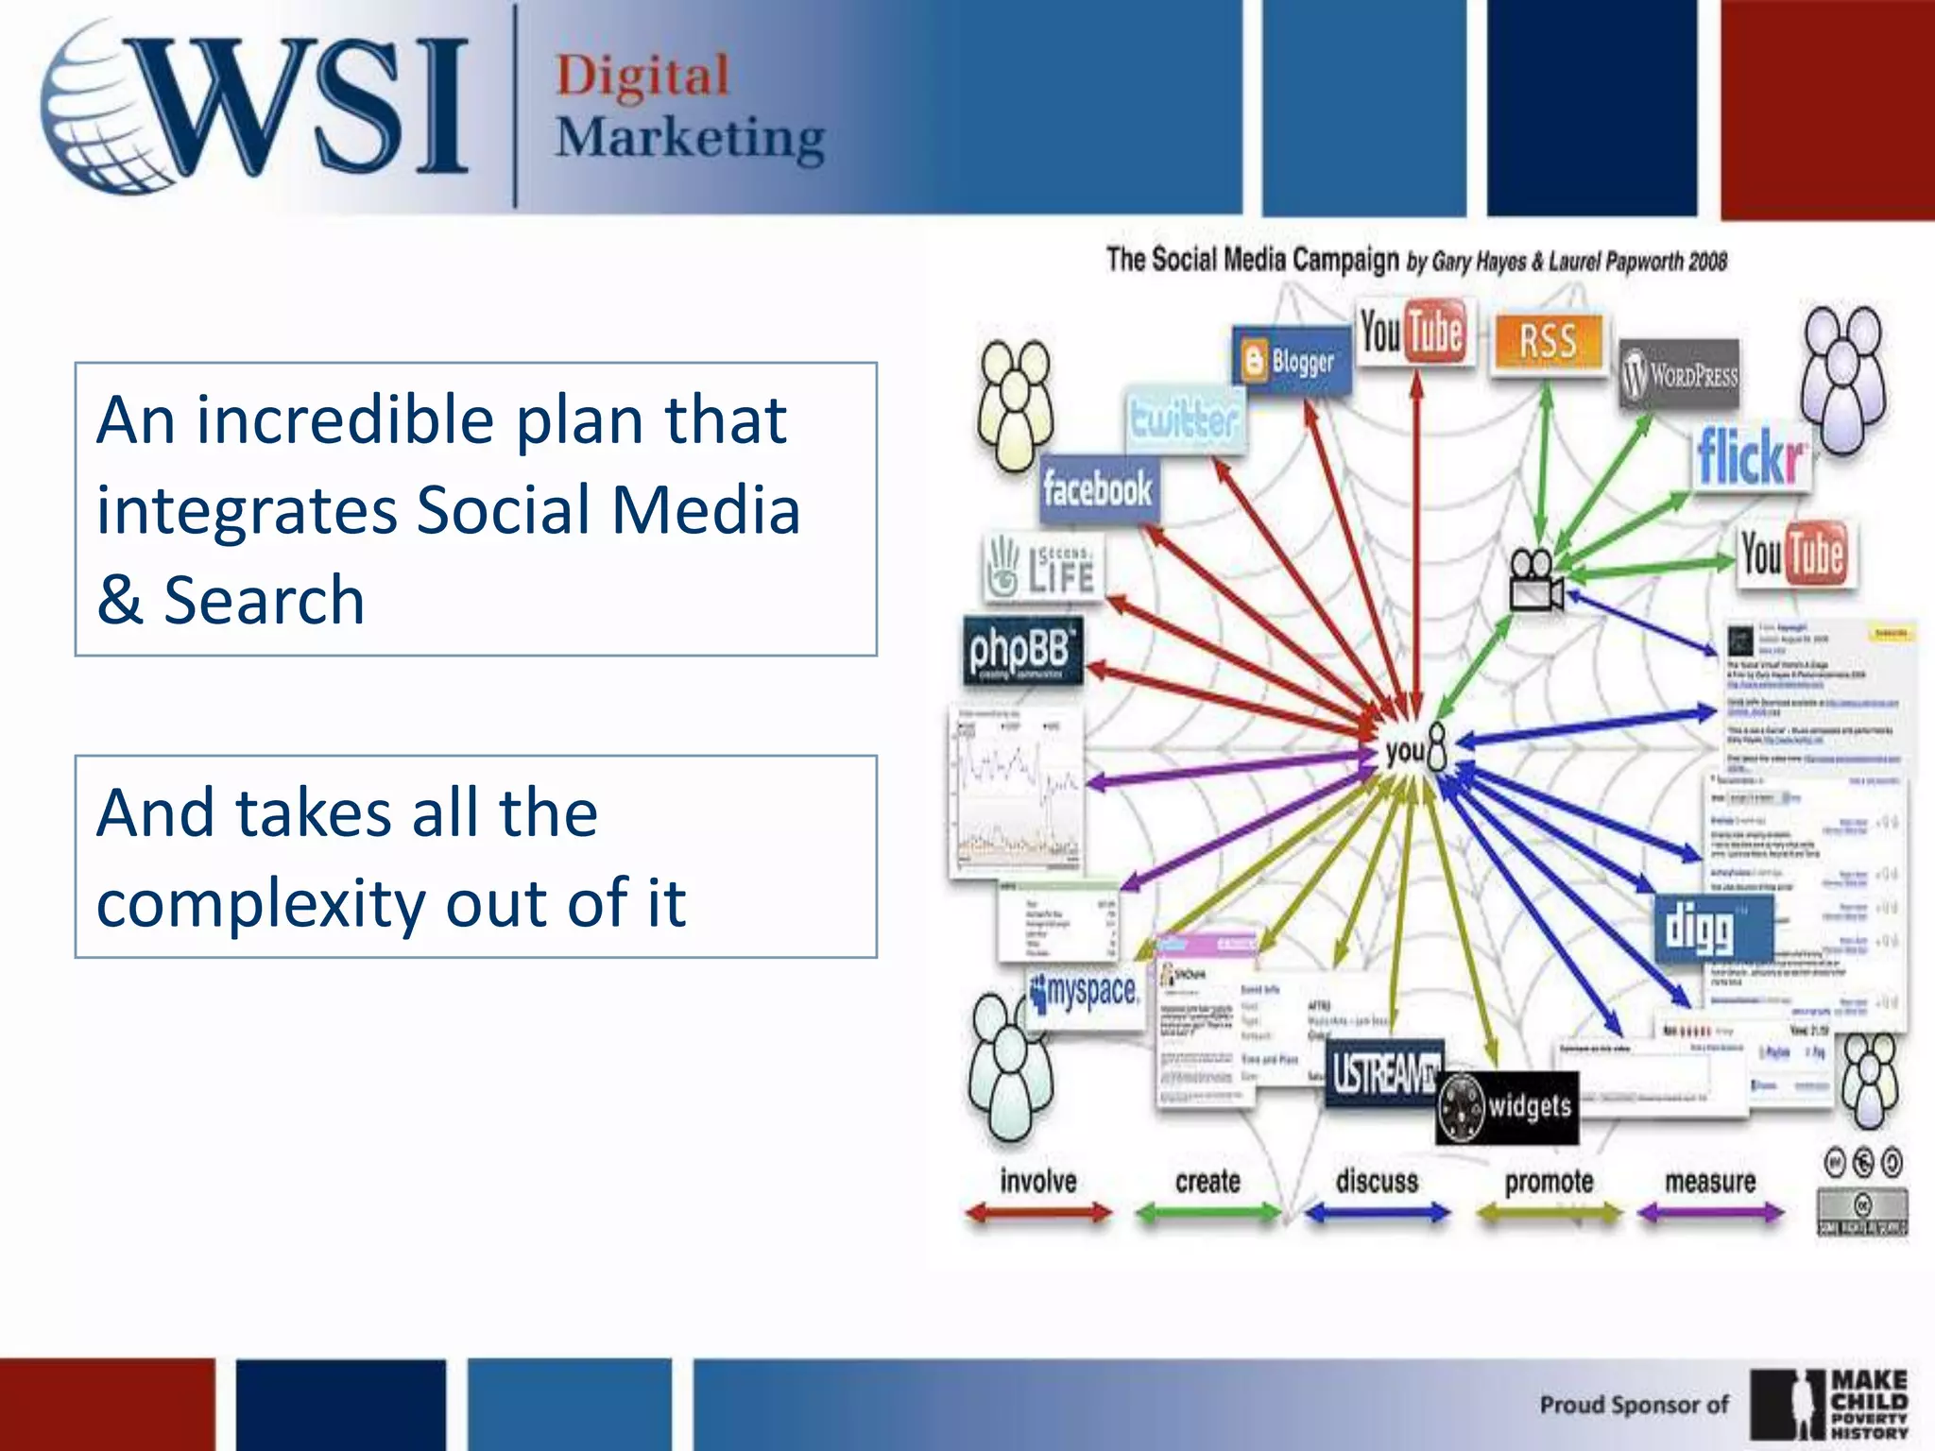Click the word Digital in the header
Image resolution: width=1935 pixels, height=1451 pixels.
(642, 76)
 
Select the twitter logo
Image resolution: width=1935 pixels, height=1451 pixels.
(1185, 418)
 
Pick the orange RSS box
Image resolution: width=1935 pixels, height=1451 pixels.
(1548, 341)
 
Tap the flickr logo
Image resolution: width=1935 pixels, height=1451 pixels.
(1751, 457)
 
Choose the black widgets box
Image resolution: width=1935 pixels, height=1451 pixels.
(1508, 1106)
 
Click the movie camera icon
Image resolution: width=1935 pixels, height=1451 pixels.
(1534, 581)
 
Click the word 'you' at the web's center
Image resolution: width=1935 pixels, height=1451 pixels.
(1405, 752)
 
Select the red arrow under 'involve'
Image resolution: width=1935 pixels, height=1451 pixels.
(1038, 1213)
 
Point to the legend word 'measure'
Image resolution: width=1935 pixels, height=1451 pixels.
(1709, 1182)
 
